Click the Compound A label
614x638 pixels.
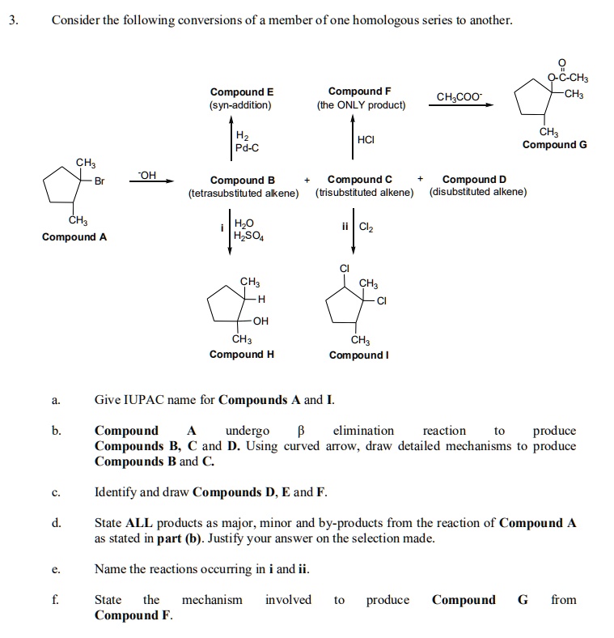tap(74, 237)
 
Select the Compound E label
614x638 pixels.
tap(241, 91)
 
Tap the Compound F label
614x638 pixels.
tap(360, 91)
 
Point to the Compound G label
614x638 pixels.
tap(554, 145)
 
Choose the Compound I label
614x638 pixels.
tap(361, 355)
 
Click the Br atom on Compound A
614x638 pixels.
tap(100, 181)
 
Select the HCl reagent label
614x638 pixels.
tap(366, 140)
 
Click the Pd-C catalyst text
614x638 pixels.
tap(247, 147)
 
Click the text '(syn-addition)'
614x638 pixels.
tap(241, 105)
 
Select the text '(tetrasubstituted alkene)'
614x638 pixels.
tap(243, 193)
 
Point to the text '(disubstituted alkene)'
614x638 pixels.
tap(478, 192)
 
